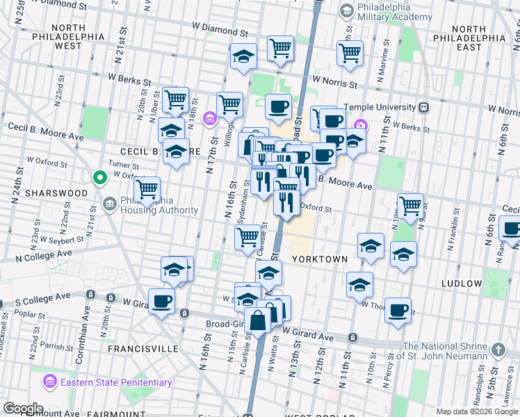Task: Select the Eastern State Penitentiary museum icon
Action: click(x=49, y=382)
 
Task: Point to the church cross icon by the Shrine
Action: click(x=498, y=348)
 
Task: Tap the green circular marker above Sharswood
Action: click(x=99, y=179)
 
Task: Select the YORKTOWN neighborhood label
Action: click(x=319, y=259)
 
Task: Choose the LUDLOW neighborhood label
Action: click(x=461, y=284)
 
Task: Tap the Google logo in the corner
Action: click(x=22, y=409)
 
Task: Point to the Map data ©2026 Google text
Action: click(x=476, y=411)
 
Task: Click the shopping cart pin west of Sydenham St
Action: click(x=248, y=237)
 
